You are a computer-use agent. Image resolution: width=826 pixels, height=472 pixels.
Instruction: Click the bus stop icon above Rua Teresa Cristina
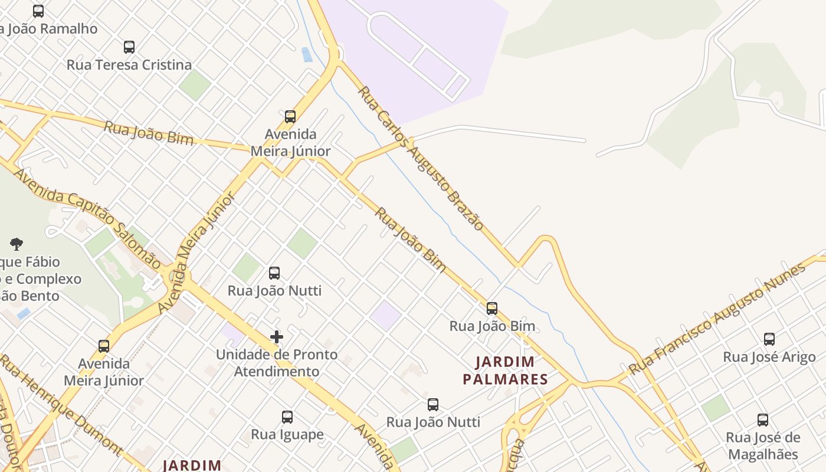coord(129,47)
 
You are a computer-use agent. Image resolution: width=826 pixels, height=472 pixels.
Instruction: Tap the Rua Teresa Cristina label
coord(129,65)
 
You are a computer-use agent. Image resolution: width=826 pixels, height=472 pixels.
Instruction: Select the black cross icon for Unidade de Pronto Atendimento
coord(276,337)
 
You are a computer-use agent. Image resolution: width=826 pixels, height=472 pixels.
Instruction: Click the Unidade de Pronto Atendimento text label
coord(277,363)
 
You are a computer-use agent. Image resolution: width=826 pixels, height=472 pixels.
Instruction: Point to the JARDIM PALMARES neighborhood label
coord(506,370)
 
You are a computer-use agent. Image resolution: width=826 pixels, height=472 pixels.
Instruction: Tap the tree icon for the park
coord(17,244)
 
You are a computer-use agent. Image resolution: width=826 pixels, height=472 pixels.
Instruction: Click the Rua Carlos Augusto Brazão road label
coord(421,158)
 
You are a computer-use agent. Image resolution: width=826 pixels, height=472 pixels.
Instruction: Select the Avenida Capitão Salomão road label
coord(87,218)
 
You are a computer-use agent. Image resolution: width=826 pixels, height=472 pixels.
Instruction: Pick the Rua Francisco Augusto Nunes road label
coord(717,319)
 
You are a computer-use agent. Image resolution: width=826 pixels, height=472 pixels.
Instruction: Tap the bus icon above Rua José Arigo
coord(769,339)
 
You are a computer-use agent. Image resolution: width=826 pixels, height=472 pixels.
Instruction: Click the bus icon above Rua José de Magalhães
coord(762,420)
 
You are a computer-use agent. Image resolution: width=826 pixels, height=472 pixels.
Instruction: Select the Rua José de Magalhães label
coord(763,445)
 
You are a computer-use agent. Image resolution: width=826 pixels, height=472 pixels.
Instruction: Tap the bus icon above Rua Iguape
coord(287,417)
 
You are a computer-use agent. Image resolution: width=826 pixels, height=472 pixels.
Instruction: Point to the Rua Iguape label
coord(287,435)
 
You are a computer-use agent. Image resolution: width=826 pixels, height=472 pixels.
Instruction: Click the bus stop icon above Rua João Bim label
coord(491,309)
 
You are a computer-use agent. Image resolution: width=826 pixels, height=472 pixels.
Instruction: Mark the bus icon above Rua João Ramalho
coord(38,11)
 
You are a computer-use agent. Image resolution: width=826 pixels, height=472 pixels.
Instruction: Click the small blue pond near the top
coord(307,55)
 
